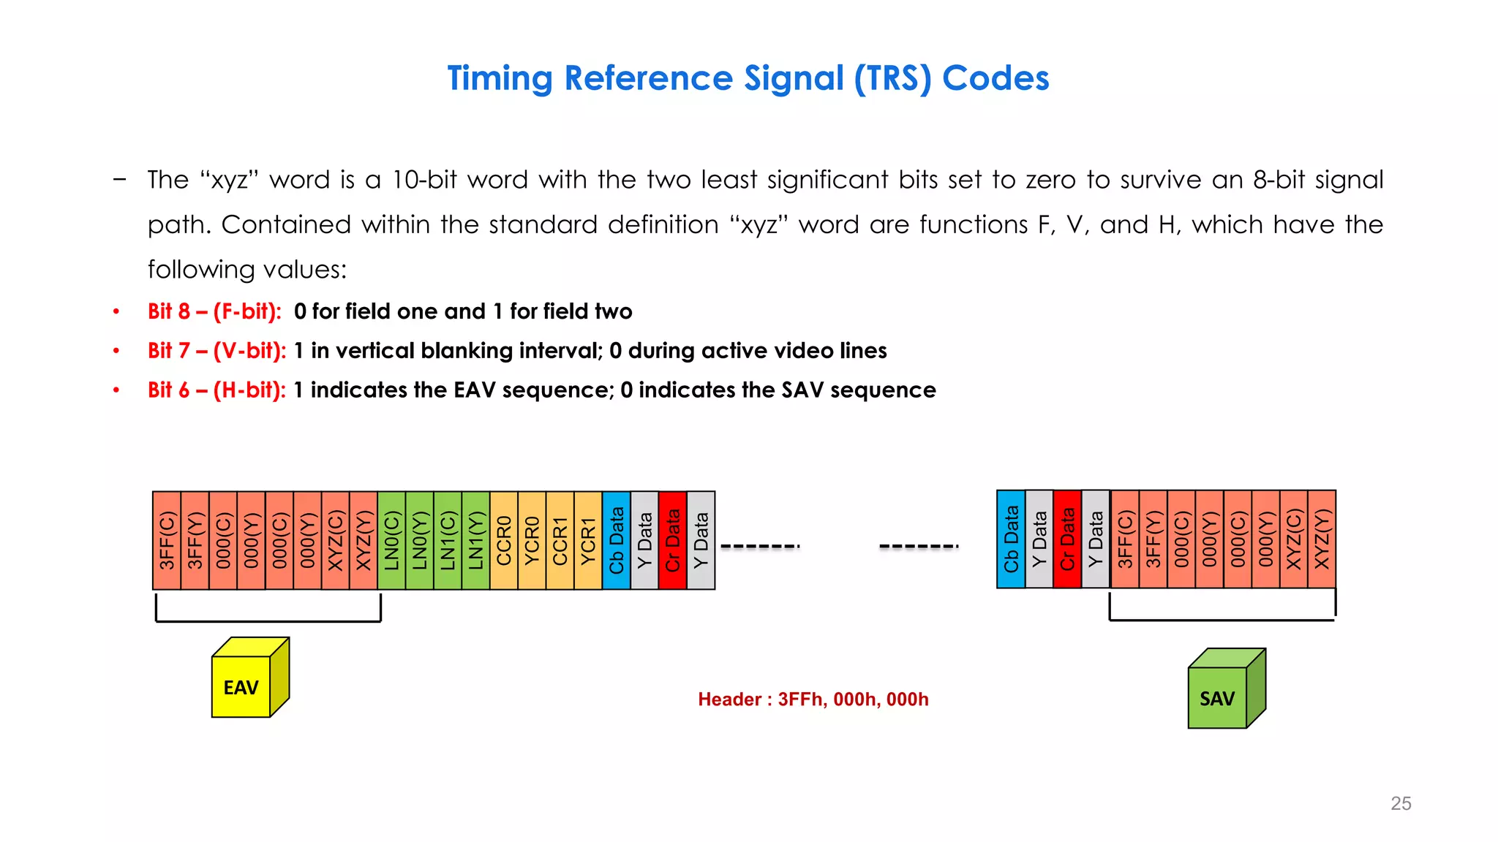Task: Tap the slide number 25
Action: click(x=1401, y=803)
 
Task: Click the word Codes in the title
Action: click(x=995, y=78)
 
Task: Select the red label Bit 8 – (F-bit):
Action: click(x=214, y=311)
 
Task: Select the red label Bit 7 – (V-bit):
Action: click(x=217, y=351)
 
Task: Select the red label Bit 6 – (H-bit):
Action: click(x=217, y=390)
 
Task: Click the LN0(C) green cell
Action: click(x=391, y=541)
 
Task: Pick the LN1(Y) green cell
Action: click(x=475, y=541)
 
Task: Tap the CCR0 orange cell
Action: click(x=504, y=541)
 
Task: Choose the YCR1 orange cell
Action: click(x=588, y=541)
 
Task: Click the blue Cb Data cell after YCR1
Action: click(x=616, y=541)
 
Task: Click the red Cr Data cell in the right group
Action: click(x=1067, y=539)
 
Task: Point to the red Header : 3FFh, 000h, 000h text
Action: click(x=813, y=699)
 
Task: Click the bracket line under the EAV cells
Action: click(x=268, y=621)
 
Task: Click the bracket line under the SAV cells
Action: click(x=1222, y=620)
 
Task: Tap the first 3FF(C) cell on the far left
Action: click(x=167, y=541)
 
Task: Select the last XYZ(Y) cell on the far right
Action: click(x=1322, y=539)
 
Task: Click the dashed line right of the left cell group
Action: click(x=760, y=546)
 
